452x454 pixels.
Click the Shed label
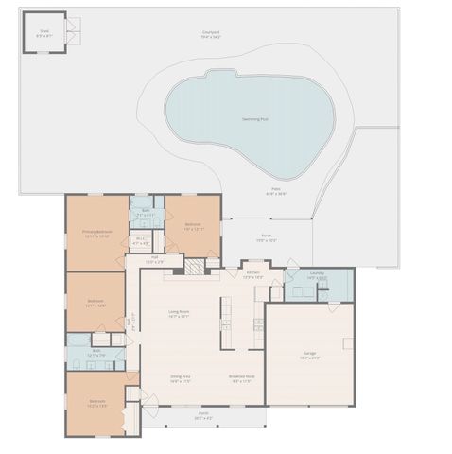(x=44, y=30)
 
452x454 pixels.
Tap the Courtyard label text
(x=210, y=33)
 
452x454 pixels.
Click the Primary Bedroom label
(x=97, y=232)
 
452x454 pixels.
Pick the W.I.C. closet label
(x=140, y=240)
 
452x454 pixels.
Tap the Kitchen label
(x=252, y=273)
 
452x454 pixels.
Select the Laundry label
(x=316, y=274)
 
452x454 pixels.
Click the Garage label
(x=310, y=355)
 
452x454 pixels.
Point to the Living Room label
(x=179, y=313)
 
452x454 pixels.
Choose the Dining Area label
(x=181, y=378)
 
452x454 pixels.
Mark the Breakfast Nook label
(x=240, y=378)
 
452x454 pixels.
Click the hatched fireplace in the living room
(x=192, y=268)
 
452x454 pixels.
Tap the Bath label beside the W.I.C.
(x=145, y=212)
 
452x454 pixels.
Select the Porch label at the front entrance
(x=203, y=414)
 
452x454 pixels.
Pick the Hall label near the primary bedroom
(x=154, y=259)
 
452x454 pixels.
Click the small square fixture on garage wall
(x=348, y=341)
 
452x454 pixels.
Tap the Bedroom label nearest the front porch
(x=97, y=402)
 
